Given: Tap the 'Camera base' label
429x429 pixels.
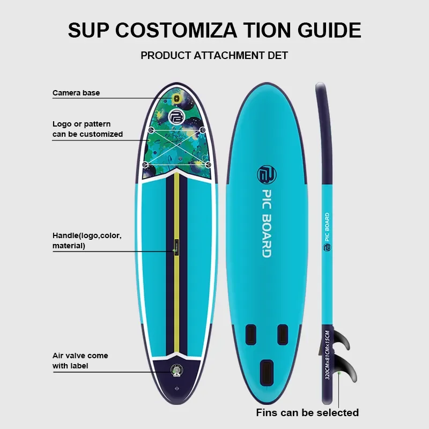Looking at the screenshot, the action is pyautogui.click(x=76, y=93).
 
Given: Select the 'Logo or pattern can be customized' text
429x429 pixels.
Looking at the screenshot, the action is pyautogui.click(x=87, y=129).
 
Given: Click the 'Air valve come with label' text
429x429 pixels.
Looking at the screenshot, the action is pyautogui.click(x=80, y=360).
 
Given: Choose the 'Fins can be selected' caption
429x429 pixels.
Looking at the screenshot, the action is pyautogui.click(x=307, y=412).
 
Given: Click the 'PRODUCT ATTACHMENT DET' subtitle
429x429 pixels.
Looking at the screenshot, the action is pyautogui.click(x=214, y=56).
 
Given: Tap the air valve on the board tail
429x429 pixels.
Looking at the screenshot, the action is pyautogui.click(x=175, y=369).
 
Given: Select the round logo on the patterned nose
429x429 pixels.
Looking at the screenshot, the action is pyautogui.click(x=176, y=117).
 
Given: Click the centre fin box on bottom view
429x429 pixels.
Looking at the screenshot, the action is pyautogui.click(x=265, y=371).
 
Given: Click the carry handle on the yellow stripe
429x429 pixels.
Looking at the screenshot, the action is pyautogui.click(x=176, y=245).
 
